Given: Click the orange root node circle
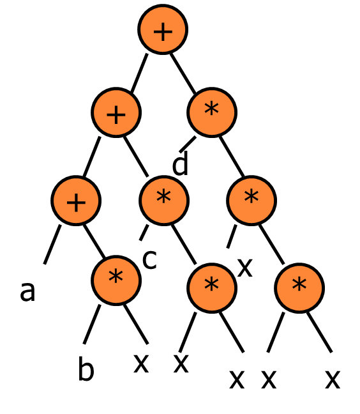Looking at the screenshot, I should pyautogui.click(x=163, y=29).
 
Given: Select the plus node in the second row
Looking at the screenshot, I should pyautogui.click(x=116, y=112).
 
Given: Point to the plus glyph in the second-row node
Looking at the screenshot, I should pyautogui.click(x=116, y=115).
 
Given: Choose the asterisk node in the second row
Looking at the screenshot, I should pyautogui.click(x=212, y=112).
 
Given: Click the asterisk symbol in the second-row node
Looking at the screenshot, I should pyautogui.click(x=211, y=109).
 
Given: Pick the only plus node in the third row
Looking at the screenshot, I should pyautogui.click(x=76, y=201).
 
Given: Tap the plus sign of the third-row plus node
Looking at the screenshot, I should pyautogui.click(x=76, y=203).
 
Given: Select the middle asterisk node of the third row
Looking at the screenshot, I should pyautogui.click(x=164, y=201).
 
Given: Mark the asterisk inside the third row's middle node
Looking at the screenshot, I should pyautogui.click(x=163, y=197).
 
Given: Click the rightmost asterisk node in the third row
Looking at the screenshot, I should pyautogui.click(x=251, y=201).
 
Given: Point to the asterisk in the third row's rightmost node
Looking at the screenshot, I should pyautogui.click(x=251, y=197).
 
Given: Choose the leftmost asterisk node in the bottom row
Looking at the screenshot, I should pyautogui.click(x=116, y=280).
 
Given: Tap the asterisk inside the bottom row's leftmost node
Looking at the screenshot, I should pyautogui.click(x=116, y=277).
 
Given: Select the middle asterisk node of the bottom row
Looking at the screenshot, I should pyautogui.click(x=212, y=288).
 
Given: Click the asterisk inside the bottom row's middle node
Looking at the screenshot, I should pyautogui.click(x=211, y=284).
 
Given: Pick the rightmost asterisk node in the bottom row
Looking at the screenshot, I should pyautogui.click(x=299, y=288).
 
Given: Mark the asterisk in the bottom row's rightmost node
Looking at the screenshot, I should pyautogui.click(x=299, y=284).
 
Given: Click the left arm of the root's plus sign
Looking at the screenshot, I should pyautogui.click(x=157, y=32).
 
